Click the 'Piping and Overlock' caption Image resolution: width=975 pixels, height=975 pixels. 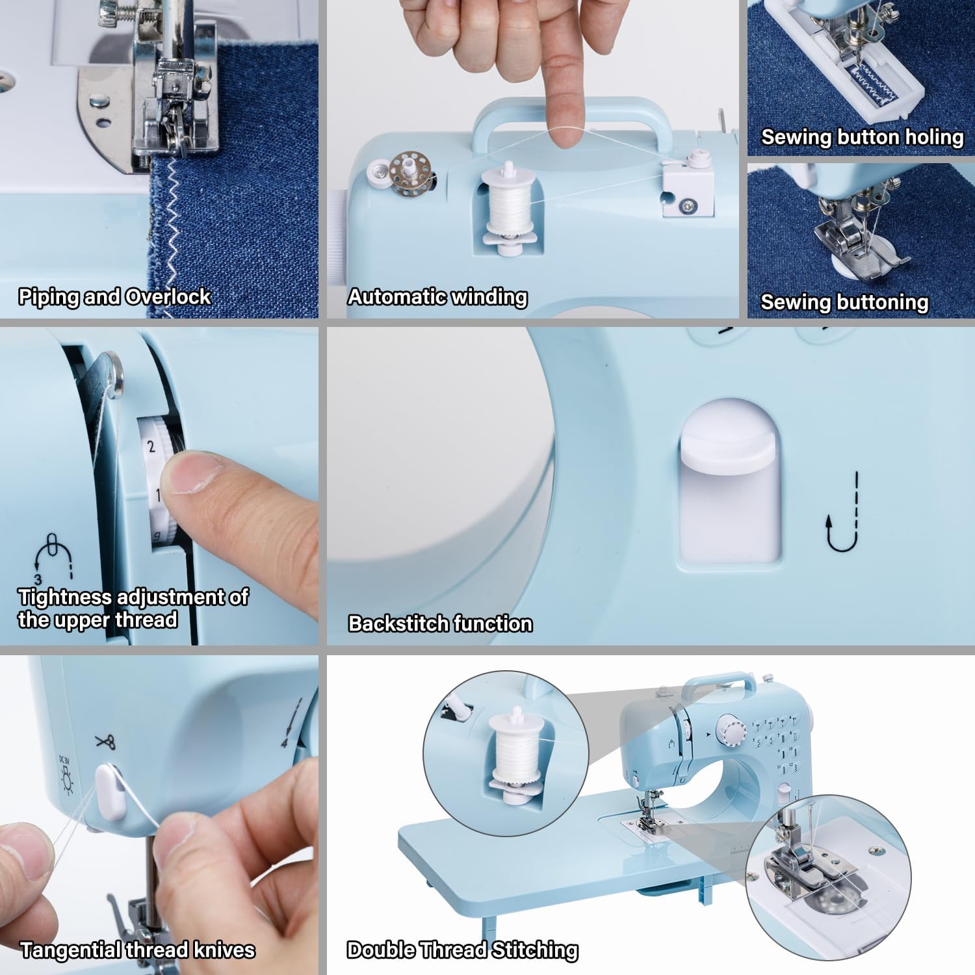tap(114, 297)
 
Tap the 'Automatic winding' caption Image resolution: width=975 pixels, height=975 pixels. tap(437, 297)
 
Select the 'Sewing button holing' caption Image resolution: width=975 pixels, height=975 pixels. tap(862, 137)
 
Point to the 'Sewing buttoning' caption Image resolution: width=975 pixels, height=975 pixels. tap(844, 302)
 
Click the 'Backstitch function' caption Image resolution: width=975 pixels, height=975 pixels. tap(440, 624)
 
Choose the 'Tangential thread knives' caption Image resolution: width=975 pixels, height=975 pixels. tap(137, 950)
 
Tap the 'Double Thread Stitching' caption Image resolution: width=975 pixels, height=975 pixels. tap(462, 950)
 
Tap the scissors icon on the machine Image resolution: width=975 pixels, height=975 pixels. tap(105, 741)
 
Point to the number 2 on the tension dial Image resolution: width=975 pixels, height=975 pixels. tap(151, 447)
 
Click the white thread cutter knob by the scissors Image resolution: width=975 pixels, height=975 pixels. tap(112, 792)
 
